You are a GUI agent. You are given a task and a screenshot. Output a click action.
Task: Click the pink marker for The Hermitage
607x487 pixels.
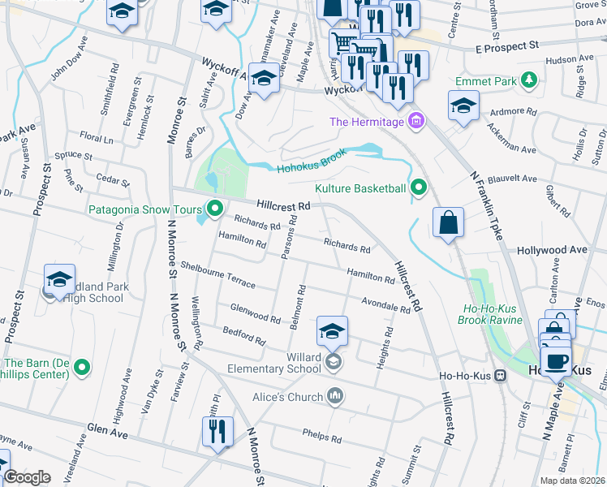pos(416,122)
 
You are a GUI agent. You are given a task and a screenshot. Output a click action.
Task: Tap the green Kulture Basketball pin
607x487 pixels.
pos(419,188)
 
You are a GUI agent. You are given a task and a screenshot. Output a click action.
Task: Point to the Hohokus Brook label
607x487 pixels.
pos(312,161)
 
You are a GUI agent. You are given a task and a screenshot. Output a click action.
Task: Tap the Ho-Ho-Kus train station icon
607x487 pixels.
pos(502,375)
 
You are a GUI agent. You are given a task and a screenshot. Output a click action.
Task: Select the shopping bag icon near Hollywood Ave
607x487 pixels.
pos(448,222)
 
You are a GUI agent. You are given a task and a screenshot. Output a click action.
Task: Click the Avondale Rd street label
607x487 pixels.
pos(386,304)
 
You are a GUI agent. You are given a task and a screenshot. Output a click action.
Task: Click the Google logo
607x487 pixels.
pos(28,477)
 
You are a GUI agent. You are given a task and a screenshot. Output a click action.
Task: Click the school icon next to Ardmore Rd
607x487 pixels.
pos(463,106)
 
